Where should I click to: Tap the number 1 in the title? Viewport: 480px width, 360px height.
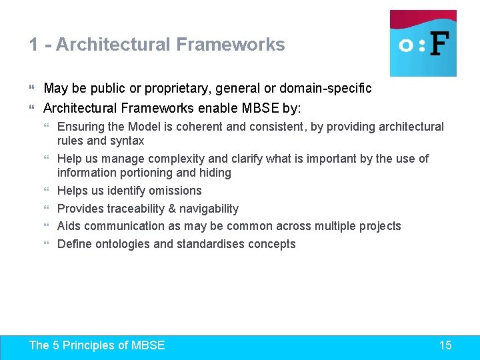(33, 45)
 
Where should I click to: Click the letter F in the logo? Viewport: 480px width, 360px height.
(439, 45)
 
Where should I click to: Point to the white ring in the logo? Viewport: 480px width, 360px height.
(405, 45)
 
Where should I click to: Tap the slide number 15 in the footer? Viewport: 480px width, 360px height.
(445, 345)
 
